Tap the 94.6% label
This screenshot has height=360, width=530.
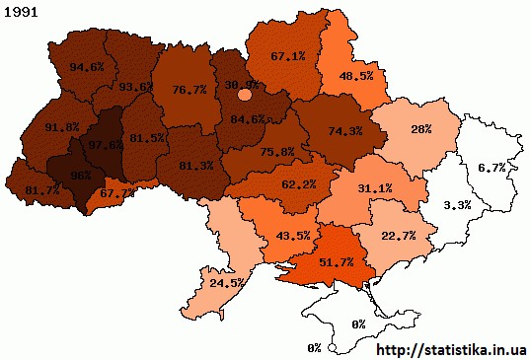point(89,68)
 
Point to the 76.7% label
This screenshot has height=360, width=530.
point(189,89)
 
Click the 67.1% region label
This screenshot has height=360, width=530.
point(287,56)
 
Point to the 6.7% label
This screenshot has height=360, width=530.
point(492,169)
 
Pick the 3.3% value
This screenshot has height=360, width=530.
point(457,205)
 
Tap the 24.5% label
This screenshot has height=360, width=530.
point(227,282)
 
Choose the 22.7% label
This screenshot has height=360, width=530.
point(398,235)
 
